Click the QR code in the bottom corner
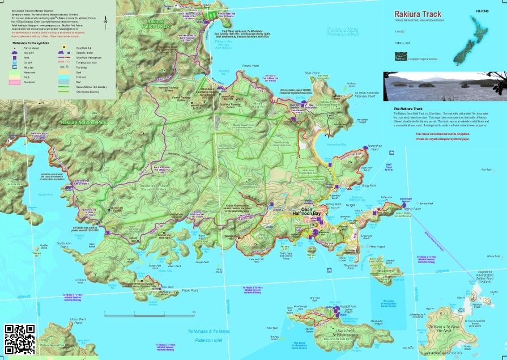(19, 339)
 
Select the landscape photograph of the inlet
(445, 86)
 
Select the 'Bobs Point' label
(312, 73)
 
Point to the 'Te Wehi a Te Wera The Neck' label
(444, 328)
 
